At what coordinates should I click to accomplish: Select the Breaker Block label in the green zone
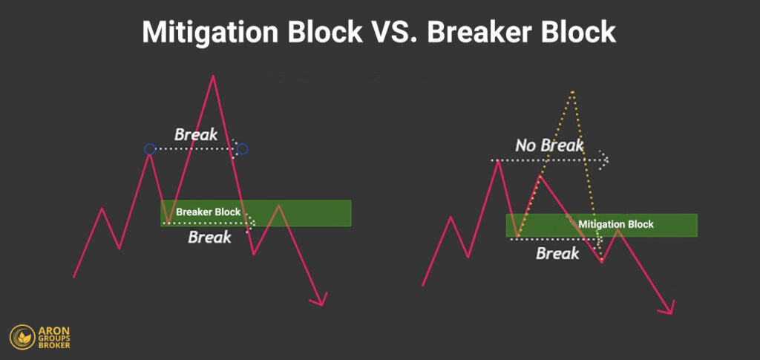click(x=208, y=212)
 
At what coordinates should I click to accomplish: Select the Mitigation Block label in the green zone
click(x=616, y=224)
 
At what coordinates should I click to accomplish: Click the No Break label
click(x=549, y=145)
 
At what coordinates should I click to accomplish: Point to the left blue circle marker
click(x=150, y=149)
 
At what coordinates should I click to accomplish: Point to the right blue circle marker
click(x=242, y=149)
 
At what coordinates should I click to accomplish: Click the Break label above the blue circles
click(x=196, y=134)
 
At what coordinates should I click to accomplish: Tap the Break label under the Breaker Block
click(x=209, y=238)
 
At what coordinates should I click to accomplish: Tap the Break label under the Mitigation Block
click(x=557, y=254)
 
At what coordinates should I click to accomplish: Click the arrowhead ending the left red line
click(x=321, y=301)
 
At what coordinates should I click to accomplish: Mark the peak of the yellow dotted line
click(x=573, y=91)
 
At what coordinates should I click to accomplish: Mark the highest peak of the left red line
click(x=213, y=76)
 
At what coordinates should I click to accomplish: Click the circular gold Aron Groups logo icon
click(x=23, y=337)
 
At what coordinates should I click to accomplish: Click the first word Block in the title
click(x=312, y=32)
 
